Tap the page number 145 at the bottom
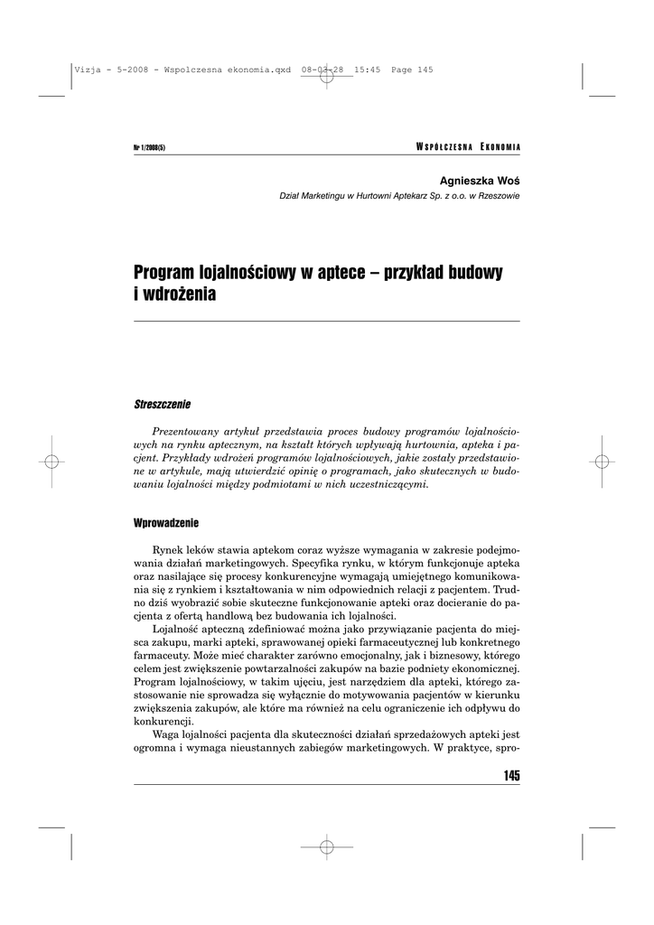(x=509, y=776)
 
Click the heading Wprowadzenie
(x=166, y=523)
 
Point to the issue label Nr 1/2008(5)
(x=149, y=148)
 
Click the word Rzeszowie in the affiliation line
(x=497, y=196)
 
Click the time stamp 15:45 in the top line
(x=366, y=70)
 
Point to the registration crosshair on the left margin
(x=51, y=461)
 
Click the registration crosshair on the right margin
(x=602, y=461)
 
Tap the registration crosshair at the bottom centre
(x=327, y=846)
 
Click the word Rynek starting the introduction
(x=169, y=550)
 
